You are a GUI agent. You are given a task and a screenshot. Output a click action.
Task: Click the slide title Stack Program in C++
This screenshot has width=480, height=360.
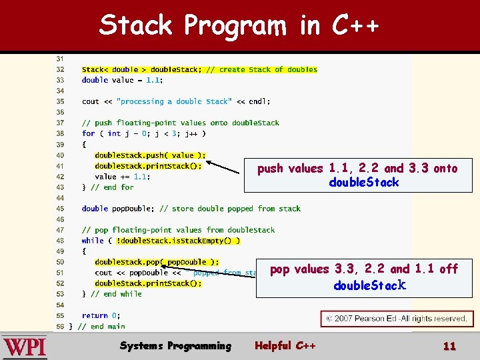(x=239, y=25)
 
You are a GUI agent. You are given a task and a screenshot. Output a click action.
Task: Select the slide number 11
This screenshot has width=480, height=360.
(x=449, y=346)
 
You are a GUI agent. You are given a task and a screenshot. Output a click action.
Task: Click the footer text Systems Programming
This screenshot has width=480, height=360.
(x=175, y=345)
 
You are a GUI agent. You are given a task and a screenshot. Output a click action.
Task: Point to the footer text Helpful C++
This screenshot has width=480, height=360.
(x=285, y=345)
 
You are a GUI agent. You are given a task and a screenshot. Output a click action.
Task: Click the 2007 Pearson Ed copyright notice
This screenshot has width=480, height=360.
(x=395, y=319)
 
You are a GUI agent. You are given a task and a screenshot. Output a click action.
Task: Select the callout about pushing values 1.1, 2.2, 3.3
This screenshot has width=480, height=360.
(x=357, y=175)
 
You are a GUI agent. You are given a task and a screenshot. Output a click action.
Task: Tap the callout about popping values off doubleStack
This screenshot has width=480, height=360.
(x=364, y=277)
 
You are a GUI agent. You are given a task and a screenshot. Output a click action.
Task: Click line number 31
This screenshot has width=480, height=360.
(x=60, y=59)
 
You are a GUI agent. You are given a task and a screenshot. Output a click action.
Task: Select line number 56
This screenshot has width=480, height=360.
(x=60, y=326)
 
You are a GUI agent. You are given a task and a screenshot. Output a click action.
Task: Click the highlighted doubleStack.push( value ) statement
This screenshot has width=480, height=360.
(x=150, y=155)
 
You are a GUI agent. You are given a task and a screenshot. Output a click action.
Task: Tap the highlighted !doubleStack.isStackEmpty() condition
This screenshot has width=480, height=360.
(x=178, y=241)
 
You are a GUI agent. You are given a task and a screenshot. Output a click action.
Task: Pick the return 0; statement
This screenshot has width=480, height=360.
(x=100, y=315)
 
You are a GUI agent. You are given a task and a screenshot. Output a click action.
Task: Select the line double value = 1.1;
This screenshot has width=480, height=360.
(x=122, y=80)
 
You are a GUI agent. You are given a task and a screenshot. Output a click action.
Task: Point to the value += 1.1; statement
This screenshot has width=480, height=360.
(x=123, y=177)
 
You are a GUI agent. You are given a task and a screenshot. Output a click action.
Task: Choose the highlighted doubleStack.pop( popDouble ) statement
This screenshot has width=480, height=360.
(x=157, y=262)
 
